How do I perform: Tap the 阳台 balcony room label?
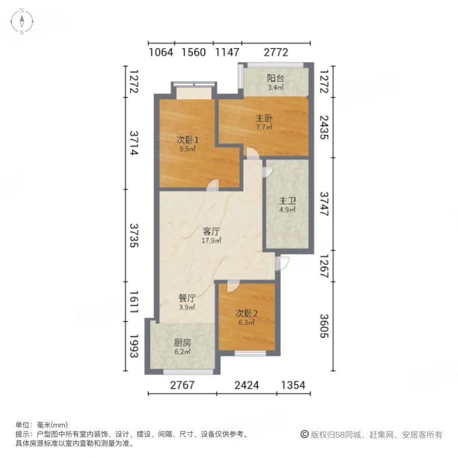point(276,78)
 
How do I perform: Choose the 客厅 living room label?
point(211,232)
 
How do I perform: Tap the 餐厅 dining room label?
point(187,299)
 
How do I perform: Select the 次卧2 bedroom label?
point(246,313)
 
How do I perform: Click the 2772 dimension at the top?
point(276,52)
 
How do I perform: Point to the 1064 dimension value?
point(161,52)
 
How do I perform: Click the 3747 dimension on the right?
point(324,204)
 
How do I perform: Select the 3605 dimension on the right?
point(324,326)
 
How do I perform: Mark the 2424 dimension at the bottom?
point(246,385)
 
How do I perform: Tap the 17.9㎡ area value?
point(211,241)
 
